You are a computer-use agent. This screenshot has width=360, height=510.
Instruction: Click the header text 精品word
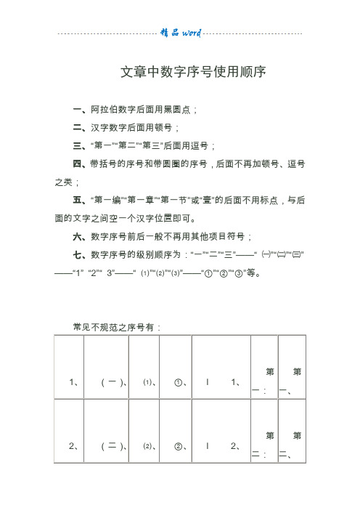[x=180, y=33]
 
